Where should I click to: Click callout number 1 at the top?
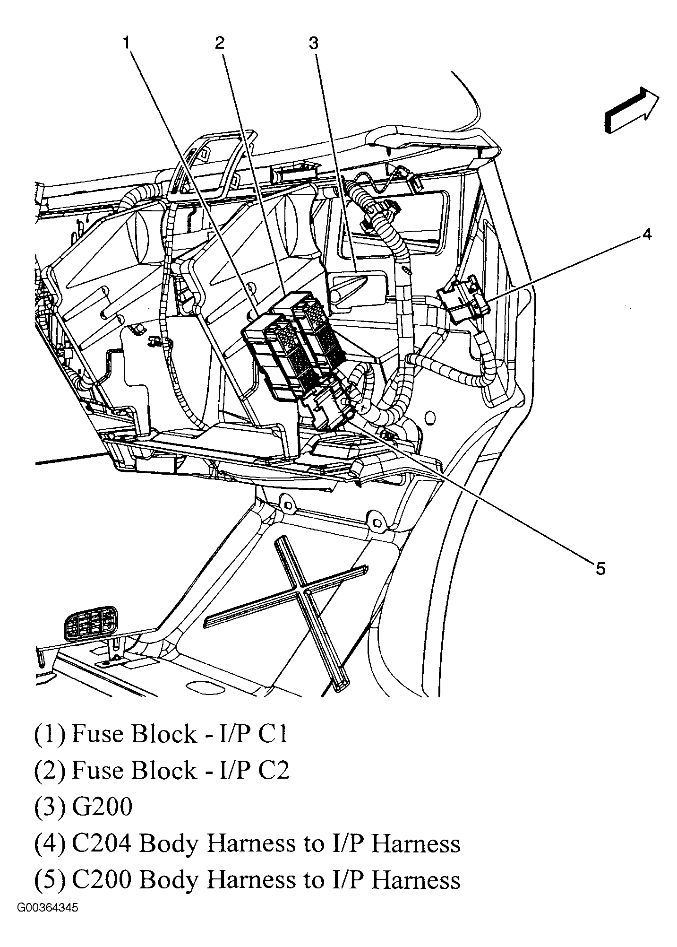click(126, 43)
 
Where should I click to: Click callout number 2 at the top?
click(220, 43)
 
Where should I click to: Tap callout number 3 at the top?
click(314, 43)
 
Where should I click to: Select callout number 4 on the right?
click(647, 234)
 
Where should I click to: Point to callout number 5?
click(600, 569)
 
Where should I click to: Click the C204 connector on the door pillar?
click(463, 301)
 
